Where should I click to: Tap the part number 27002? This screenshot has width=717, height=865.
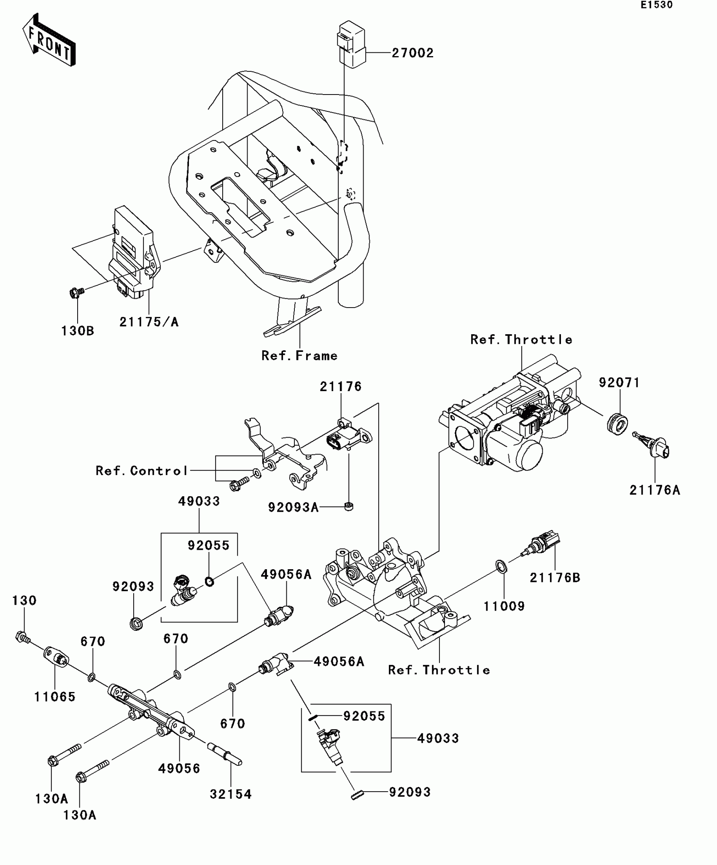(x=412, y=53)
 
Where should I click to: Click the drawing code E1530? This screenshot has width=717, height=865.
(x=657, y=5)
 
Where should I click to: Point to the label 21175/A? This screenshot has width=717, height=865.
(x=149, y=322)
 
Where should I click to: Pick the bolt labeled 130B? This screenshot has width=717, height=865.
(x=75, y=292)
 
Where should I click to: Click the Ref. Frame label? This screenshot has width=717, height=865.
(x=299, y=356)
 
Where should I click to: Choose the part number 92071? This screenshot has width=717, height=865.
(x=619, y=383)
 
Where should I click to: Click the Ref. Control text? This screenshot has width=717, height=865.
(x=142, y=471)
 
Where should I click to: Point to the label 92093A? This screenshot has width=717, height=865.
(x=293, y=507)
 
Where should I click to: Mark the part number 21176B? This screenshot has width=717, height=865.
(x=555, y=578)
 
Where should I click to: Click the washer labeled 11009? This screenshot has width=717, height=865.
(x=501, y=566)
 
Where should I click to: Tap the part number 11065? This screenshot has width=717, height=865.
(x=55, y=697)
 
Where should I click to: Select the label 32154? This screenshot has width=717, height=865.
(x=231, y=794)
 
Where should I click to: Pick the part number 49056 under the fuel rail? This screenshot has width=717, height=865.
(x=179, y=768)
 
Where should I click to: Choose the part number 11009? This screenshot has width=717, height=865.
(x=504, y=606)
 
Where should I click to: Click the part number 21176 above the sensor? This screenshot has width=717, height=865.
(x=340, y=387)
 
